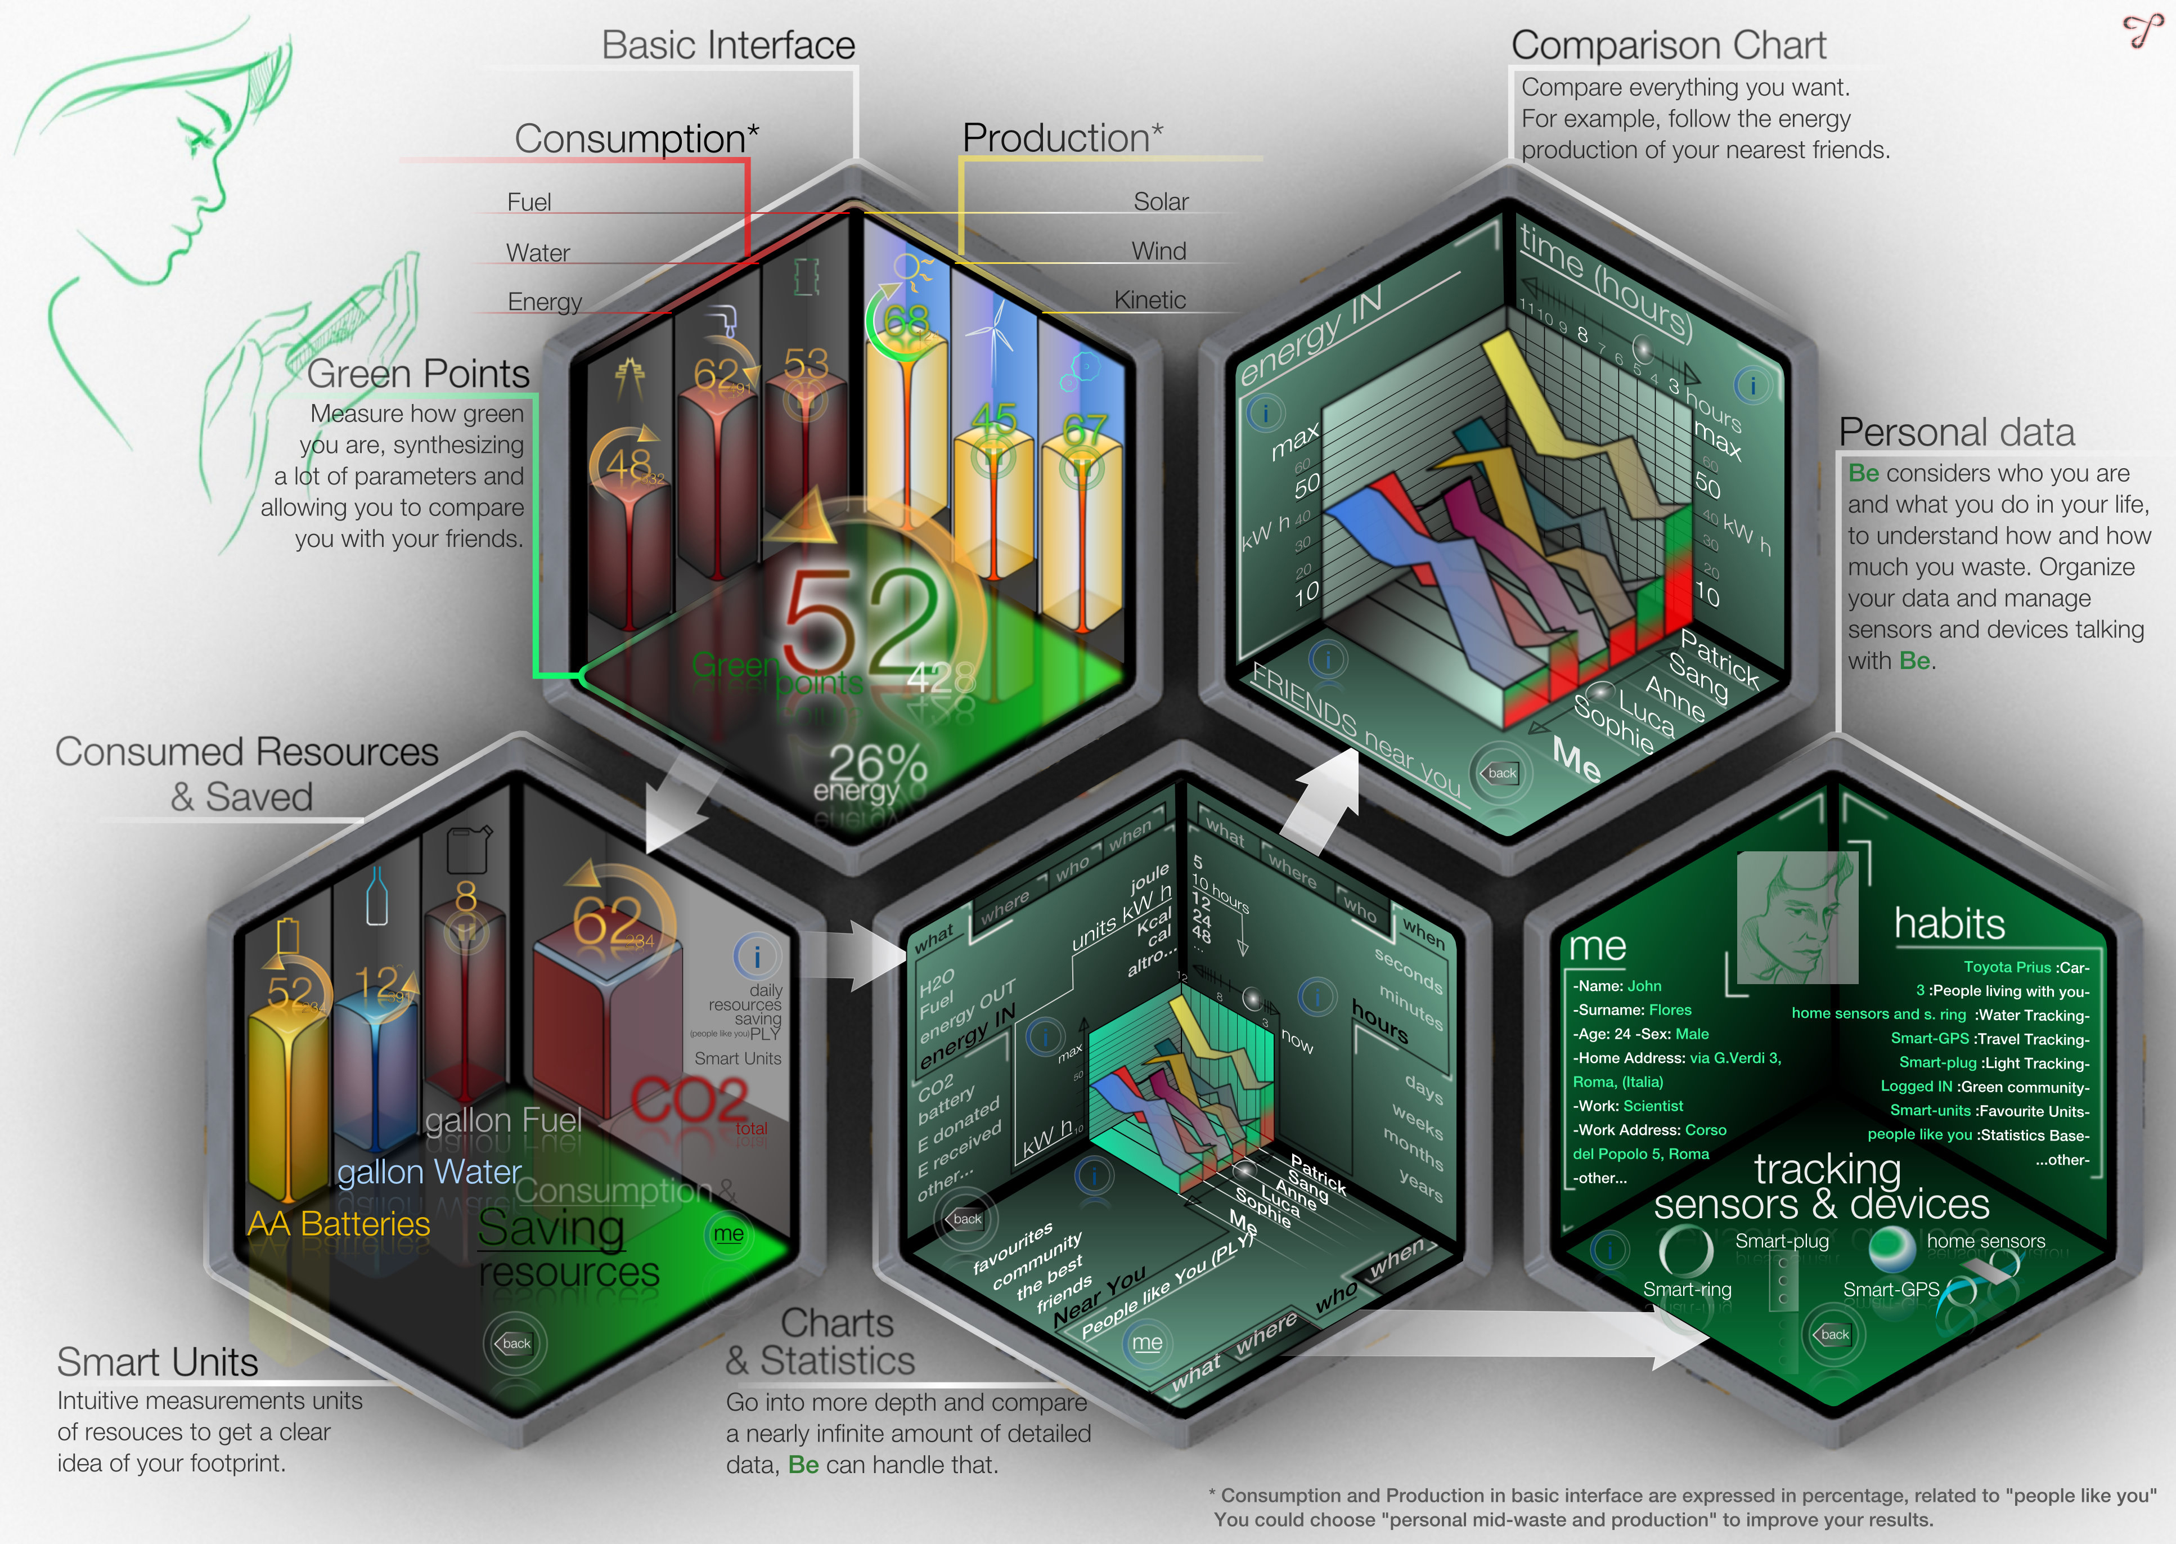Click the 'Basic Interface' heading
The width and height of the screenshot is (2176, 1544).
pos(728,46)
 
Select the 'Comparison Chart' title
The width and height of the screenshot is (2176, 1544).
pos(1669,46)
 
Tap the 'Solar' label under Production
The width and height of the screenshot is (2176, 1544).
pos(1160,201)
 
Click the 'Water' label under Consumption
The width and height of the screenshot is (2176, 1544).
pos(538,253)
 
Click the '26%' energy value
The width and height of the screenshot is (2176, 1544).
pos(876,764)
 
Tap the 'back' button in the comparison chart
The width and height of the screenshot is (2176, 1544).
pos(1501,773)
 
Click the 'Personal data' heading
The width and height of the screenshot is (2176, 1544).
pos(1957,433)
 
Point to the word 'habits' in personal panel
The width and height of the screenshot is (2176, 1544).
pos(1949,923)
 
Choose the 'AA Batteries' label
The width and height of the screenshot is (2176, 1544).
pos(339,1224)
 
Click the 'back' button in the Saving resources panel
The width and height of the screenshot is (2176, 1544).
pos(514,1343)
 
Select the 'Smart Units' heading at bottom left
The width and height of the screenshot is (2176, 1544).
pos(158,1362)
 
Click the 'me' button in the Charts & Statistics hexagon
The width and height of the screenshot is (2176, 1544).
pos(1147,1343)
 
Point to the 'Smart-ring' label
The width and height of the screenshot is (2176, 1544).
pos(1687,1289)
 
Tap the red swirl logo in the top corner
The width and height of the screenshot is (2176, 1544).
pos(2143,30)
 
